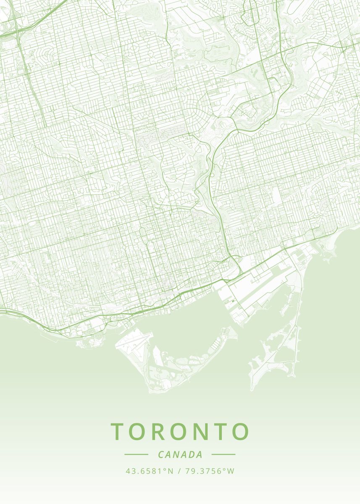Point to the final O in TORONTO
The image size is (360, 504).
240,431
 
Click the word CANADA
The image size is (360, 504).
180,454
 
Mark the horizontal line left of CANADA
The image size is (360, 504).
136,454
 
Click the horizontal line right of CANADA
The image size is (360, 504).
223,454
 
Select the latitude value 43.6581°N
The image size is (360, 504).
150,471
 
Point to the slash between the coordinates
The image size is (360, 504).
179,471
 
